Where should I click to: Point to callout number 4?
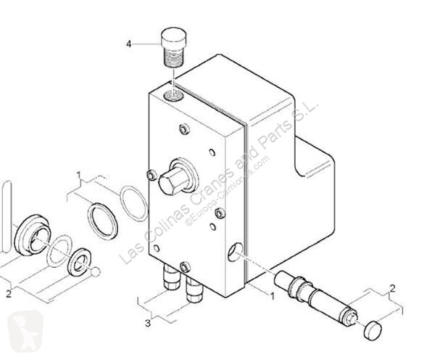pos(129,44)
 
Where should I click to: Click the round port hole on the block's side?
pos(235,253)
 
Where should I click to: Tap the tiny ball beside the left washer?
pos(94,272)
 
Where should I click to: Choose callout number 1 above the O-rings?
pos(79,175)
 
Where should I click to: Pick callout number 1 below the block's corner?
pos(272,295)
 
